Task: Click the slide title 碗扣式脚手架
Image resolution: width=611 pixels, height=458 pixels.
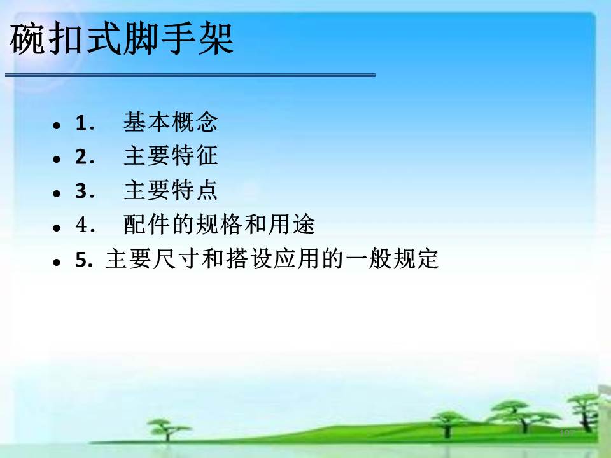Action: pyautogui.click(x=122, y=38)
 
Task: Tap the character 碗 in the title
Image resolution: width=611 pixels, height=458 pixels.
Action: pyautogui.click(x=27, y=38)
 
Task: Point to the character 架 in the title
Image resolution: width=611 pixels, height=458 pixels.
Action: pyautogui.click(x=216, y=38)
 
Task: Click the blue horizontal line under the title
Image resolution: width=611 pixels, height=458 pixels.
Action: pyautogui.click(x=190, y=75)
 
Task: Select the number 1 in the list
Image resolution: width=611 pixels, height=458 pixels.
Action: pyautogui.click(x=81, y=123)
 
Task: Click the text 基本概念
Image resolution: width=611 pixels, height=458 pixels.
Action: pyautogui.click(x=171, y=122)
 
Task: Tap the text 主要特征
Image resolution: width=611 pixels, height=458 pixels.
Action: pyautogui.click(x=171, y=156)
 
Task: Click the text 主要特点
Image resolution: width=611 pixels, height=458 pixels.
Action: pyautogui.click(x=171, y=190)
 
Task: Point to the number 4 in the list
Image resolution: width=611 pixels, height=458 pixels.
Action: pyautogui.click(x=81, y=225)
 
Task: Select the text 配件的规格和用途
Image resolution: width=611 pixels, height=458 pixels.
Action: pyautogui.click(x=219, y=225)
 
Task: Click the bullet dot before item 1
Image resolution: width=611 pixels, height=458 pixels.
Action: pyautogui.click(x=57, y=125)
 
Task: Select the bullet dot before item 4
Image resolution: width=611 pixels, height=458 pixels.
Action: pyautogui.click(x=57, y=228)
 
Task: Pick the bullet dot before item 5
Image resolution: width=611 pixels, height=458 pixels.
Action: pyautogui.click(x=57, y=261)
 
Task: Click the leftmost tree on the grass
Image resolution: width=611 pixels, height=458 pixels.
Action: pyautogui.click(x=167, y=430)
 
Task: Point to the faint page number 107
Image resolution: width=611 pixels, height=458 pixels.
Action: pyautogui.click(x=567, y=433)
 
